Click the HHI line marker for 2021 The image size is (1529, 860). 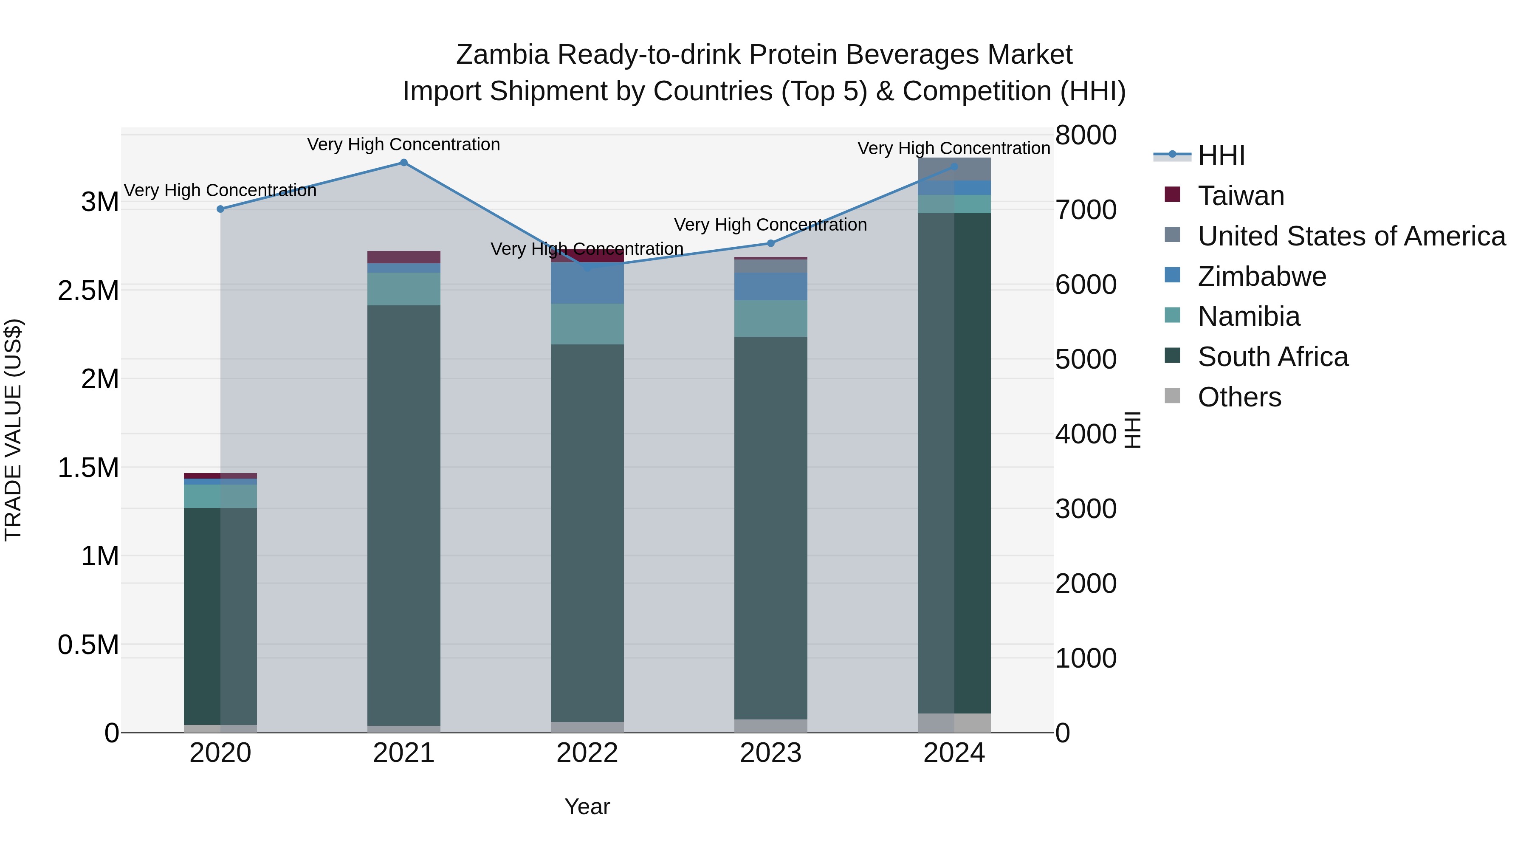[x=403, y=163]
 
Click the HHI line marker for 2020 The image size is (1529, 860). [x=220, y=209]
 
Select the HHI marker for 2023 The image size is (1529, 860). [x=770, y=243]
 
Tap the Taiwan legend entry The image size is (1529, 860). [x=1241, y=196]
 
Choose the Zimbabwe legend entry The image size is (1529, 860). [x=1261, y=276]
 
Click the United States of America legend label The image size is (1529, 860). [x=1351, y=236]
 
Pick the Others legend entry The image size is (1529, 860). [x=1239, y=397]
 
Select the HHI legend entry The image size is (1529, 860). [x=1221, y=155]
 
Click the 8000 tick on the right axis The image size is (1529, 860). [x=1086, y=135]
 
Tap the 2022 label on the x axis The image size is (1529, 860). [x=587, y=753]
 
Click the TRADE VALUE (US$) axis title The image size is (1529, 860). [x=13, y=430]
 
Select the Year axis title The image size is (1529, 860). [x=587, y=806]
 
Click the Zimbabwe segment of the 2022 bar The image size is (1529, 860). [x=587, y=283]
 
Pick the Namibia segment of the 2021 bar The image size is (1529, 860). [x=403, y=289]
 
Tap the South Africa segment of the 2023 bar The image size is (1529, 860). [x=770, y=528]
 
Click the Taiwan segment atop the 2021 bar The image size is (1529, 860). [x=403, y=257]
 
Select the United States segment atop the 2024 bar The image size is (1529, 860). [x=954, y=169]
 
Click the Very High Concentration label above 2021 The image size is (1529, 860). [x=403, y=144]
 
